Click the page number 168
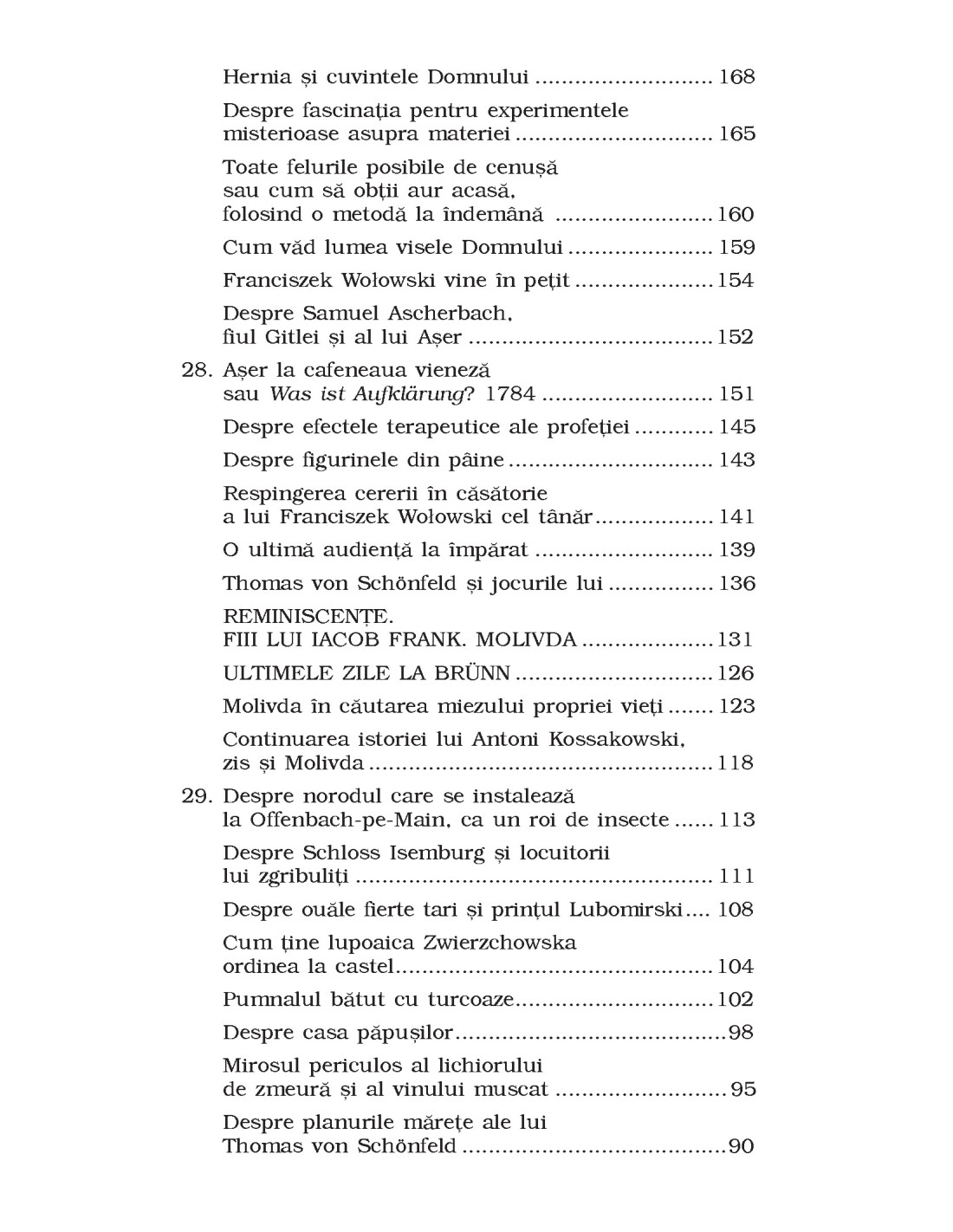click(x=736, y=77)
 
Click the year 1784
click(x=510, y=395)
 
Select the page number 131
click(x=736, y=640)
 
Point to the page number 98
click(x=742, y=1033)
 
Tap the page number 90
click(x=742, y=1147)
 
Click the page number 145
click(x=736, y=427)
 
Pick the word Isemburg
click(x=424, y=853)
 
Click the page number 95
click(x=743, y=1090)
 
